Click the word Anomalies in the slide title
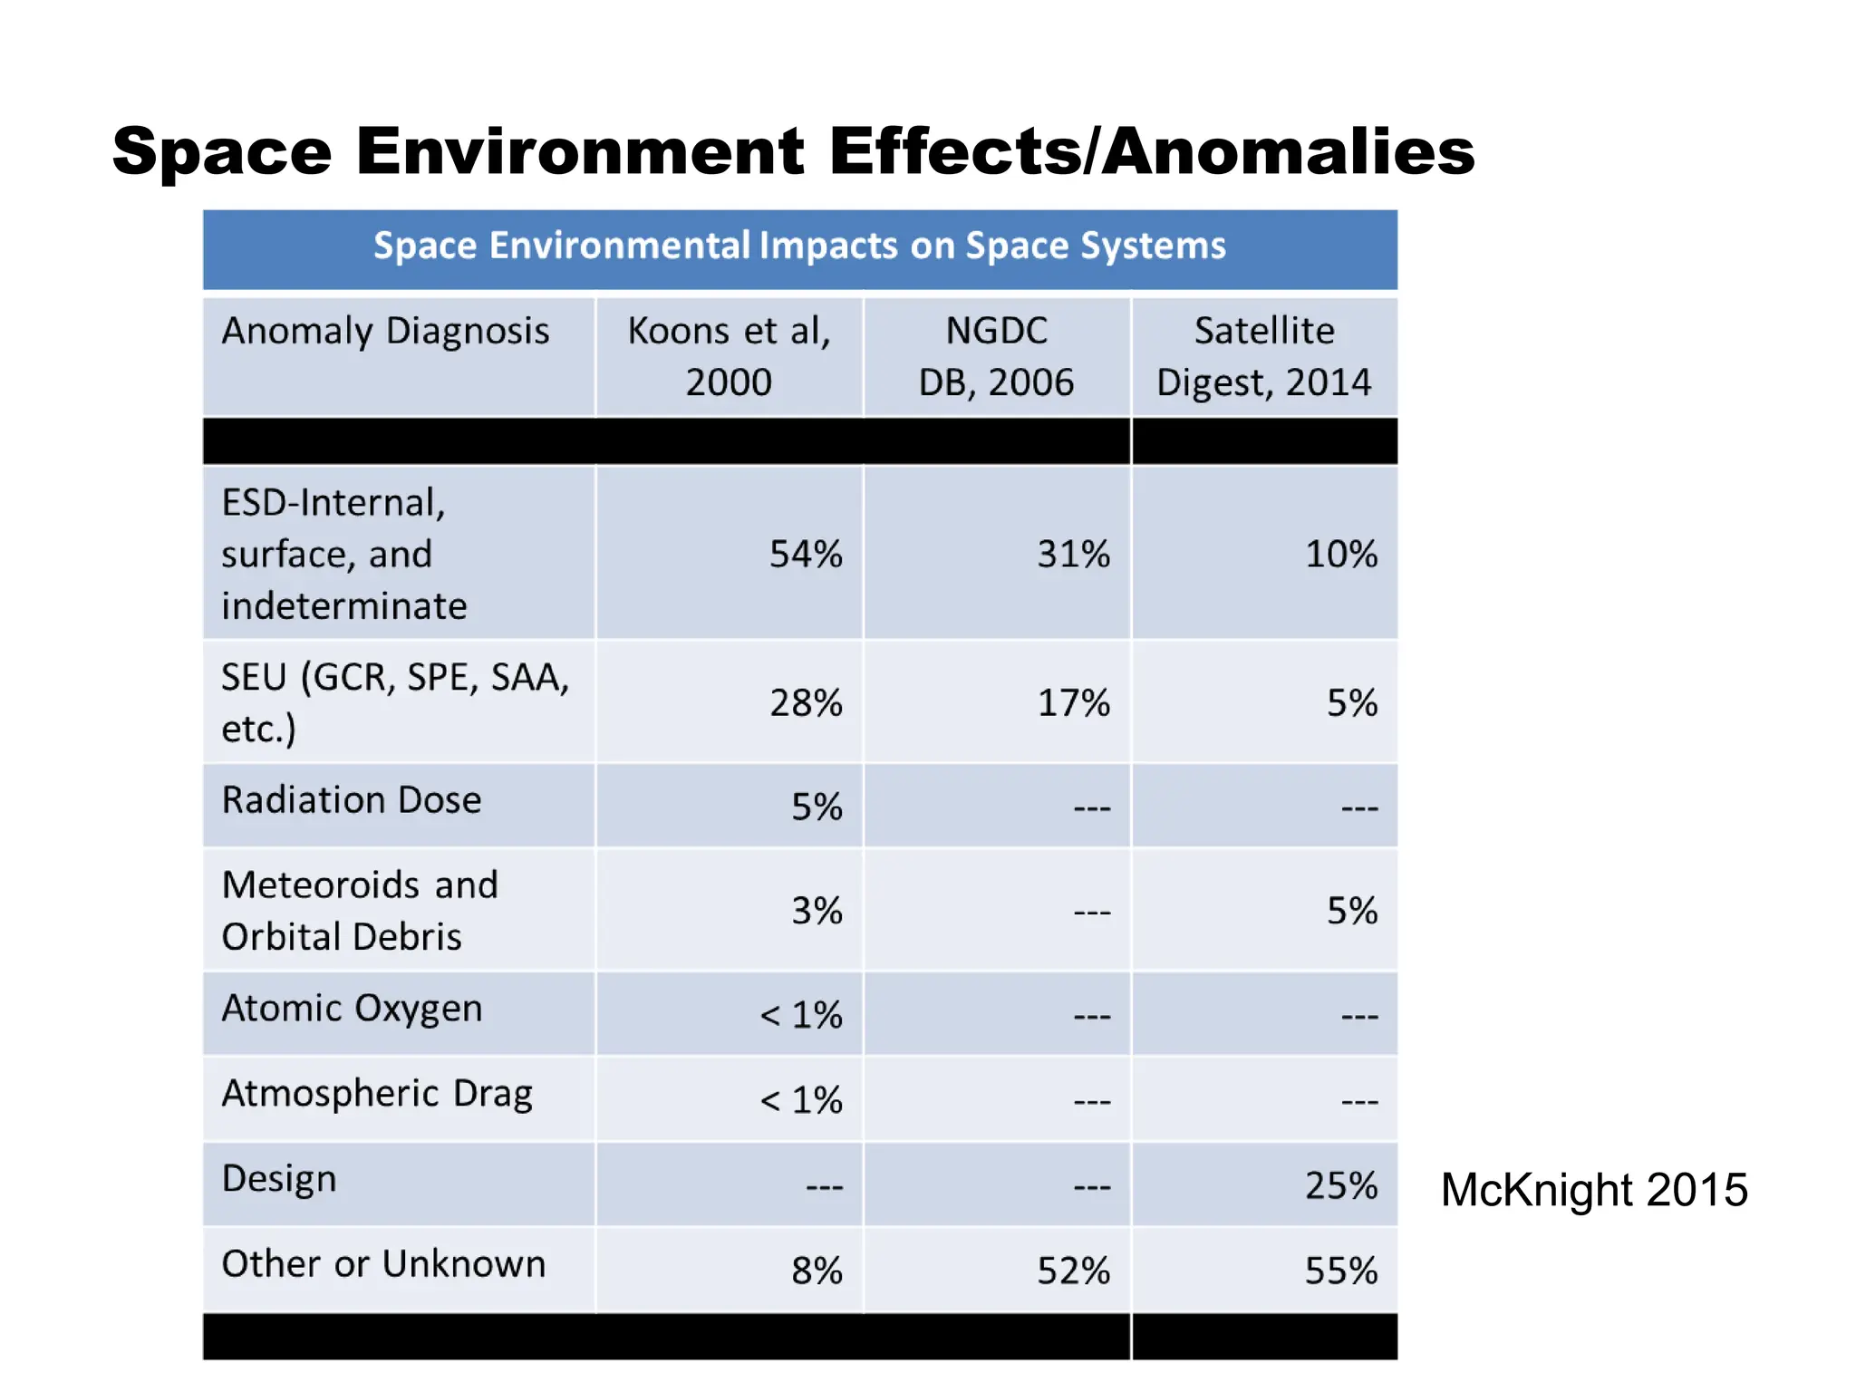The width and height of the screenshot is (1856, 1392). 1289,151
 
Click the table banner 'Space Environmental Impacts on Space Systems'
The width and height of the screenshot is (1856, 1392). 799,246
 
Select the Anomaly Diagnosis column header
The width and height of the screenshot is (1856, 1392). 386,332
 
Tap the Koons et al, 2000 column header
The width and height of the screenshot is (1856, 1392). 729,356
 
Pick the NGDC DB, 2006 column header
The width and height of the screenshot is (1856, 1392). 996,356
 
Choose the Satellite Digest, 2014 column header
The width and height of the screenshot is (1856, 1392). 1263,356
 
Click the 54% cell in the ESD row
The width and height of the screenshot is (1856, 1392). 806,554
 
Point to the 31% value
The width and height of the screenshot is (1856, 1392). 1073,554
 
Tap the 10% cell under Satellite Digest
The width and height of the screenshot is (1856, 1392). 1340,554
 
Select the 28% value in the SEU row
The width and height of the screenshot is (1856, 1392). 806,702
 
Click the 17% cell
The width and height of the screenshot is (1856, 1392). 1073,702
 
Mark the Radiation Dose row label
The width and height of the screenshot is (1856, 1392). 352,801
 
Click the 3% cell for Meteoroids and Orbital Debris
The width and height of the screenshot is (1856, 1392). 817,911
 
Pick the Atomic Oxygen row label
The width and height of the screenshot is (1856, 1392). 352,1009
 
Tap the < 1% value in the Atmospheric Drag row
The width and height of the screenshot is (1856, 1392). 801,1100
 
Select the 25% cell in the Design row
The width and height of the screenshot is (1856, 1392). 1340,1185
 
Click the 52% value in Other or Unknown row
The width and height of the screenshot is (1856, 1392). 1073,1271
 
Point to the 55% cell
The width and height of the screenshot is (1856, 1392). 1340,1271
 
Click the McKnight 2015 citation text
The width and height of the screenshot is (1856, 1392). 1593,1190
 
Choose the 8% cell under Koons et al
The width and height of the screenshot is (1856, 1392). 817,1271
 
